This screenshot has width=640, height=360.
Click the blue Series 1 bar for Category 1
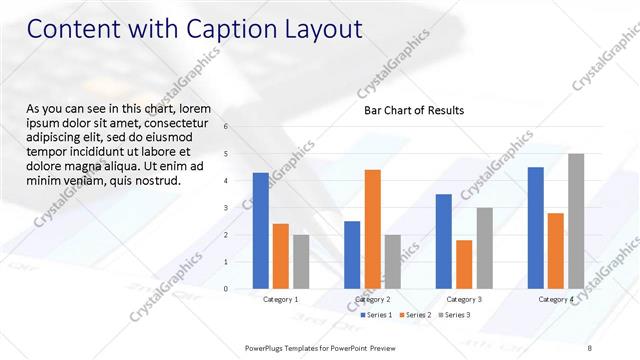(x=260, y=230)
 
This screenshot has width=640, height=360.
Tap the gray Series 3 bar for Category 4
(x=576, y=221)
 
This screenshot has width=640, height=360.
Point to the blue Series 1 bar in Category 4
(x=535, y=227)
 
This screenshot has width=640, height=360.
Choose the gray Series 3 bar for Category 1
(x=301, y=261)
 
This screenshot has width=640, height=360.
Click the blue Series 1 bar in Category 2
(x=352, y=254)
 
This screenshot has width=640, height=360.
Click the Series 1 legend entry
(x=376, y=315)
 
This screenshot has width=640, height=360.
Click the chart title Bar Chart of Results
(x=413, y=110)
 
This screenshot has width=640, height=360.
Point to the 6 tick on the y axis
(x=226, y=127)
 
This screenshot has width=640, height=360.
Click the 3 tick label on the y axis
(x=226, y=208)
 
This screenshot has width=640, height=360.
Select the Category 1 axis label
(x=280, y=299)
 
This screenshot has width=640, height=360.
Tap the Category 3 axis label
(x=464, y=299)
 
